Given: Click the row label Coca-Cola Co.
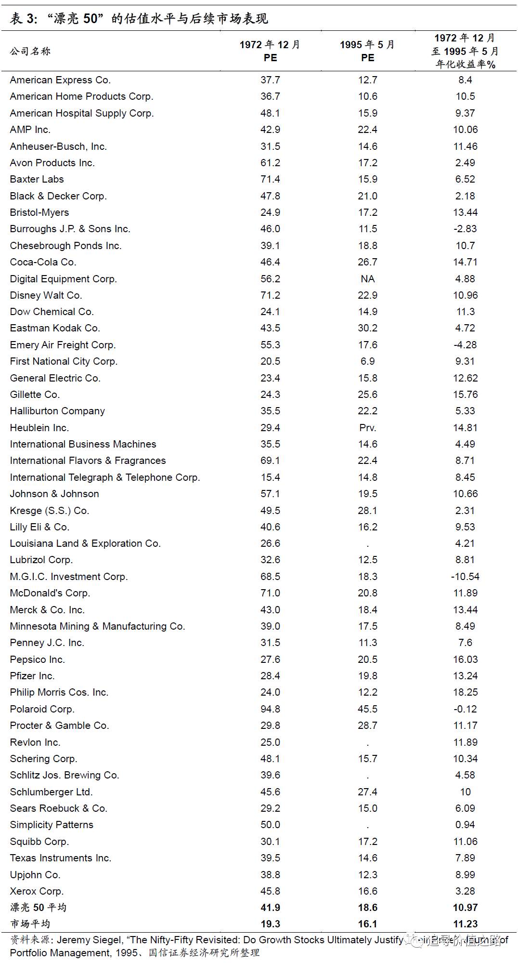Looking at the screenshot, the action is pyautogui.click(x=43, y=262).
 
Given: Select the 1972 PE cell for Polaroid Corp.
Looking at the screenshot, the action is pyautogui.click(x=271, y=709).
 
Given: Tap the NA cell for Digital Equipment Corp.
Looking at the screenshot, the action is pyautogui.click(x=368, y=279).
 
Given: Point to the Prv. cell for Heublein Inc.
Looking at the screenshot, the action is pyautogui.click(x=368, y=428).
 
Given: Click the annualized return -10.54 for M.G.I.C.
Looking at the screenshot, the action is pyautogui.click(x=465, y=577).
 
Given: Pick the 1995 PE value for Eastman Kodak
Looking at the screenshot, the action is pyautogui.click(x=368, y=328).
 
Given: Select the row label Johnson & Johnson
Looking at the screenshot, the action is pyautogui.click(x=54, y=494).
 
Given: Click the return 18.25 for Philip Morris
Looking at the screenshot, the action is pyautogui.click(x=465, y=692).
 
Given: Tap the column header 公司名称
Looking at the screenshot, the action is pyautogui.click(x=30, y=51).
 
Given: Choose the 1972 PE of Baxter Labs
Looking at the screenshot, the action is pyautogui.click(x=271, y=179).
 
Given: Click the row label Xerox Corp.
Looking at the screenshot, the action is pyautogui.click(x=37, y=891).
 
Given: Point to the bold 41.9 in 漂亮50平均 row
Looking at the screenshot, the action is pyautogui.click(x=271, y=908).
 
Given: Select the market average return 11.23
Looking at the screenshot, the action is pyautogui.click(x=465, y=924).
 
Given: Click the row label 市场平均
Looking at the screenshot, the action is pyautogui.click(x=30, y=924).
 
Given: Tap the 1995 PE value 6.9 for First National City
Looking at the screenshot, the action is pyautogui.click(x=368, y=361).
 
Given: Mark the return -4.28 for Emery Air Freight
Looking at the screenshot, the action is pyautogui.click(x=465, y=345).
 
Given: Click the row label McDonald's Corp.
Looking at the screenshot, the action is pyautogui.click(x=50, y=593).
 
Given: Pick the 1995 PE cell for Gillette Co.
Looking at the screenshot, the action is pyautogui.click(x=368, y=395).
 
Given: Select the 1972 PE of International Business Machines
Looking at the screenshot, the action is pyautogui.click(x=271, y=444).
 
